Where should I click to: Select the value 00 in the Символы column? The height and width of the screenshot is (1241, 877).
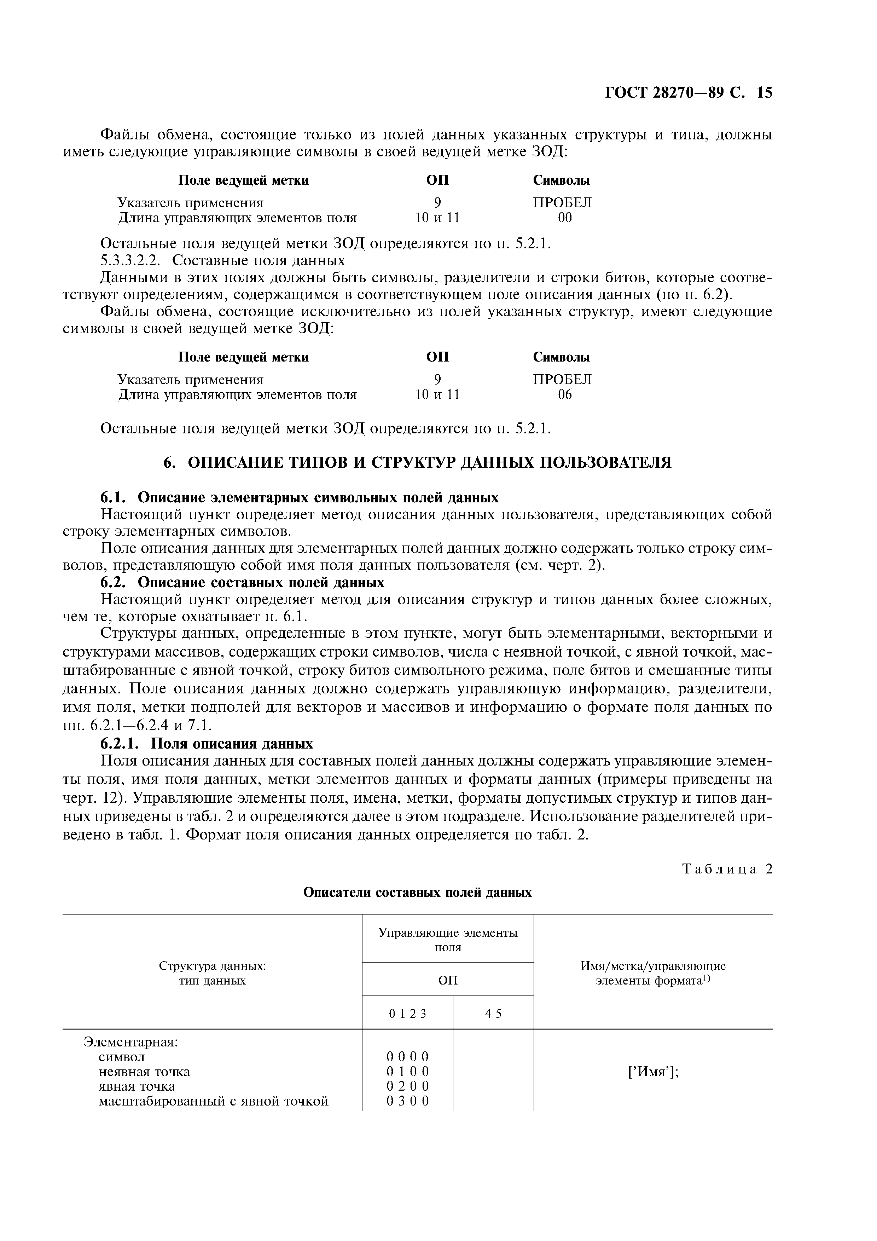pyautogui.click(x=565, y=218)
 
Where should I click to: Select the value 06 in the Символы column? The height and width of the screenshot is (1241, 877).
pyautogui.click(x=565, y=394)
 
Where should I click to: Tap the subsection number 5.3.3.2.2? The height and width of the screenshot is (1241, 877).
pyautogui.click(x=131, y=260)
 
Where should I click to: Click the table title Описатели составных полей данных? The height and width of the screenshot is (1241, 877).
pyautogui.click(x=417, y=893)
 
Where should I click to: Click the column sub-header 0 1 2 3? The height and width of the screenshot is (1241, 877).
pyautogui.click(x=407, y=1014)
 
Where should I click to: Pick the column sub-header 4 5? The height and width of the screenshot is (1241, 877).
pyautogui.click(x=493, y=1014)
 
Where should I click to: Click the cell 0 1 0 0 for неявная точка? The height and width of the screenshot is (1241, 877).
pyautogui.click(x=407, y=1072)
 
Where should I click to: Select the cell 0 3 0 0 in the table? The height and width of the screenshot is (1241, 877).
pyautogui.click(x=407, y=1101)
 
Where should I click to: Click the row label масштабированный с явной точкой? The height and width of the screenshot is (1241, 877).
pyautogui.click(x=214, y=1101)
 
